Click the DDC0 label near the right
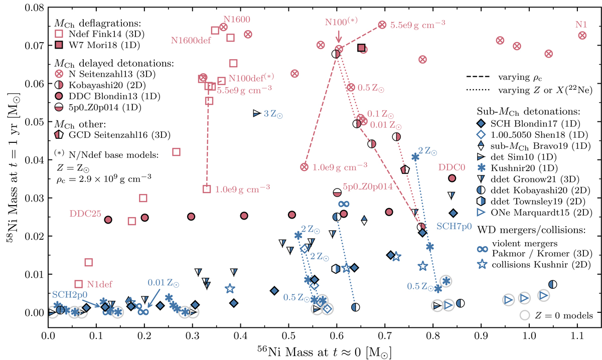pyautogui.click(x=449, y=166)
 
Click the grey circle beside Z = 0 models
pyautogui.click(x=525, y=315)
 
